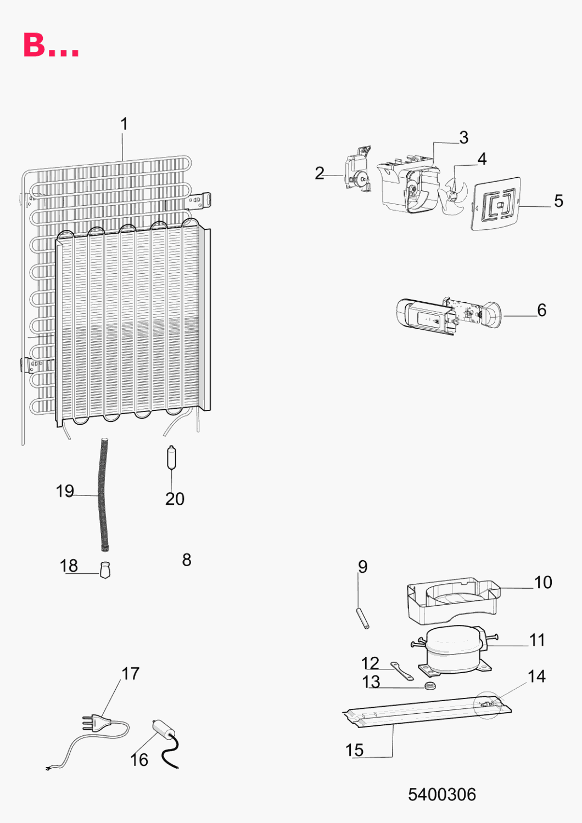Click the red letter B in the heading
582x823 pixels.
click(34, 45)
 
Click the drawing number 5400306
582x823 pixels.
click(441, 794)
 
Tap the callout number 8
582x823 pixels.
click(186, 560)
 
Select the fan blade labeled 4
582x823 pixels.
click(453, 196)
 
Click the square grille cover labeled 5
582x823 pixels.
click(496, 204)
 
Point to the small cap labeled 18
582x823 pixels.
click(105, 570)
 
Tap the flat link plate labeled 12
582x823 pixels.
click(402, 671)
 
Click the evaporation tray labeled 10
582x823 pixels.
click(454, 600)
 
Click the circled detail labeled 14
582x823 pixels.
click(488, 704)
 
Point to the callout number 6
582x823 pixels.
click(541, 310)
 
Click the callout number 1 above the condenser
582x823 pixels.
click(125, 124)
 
